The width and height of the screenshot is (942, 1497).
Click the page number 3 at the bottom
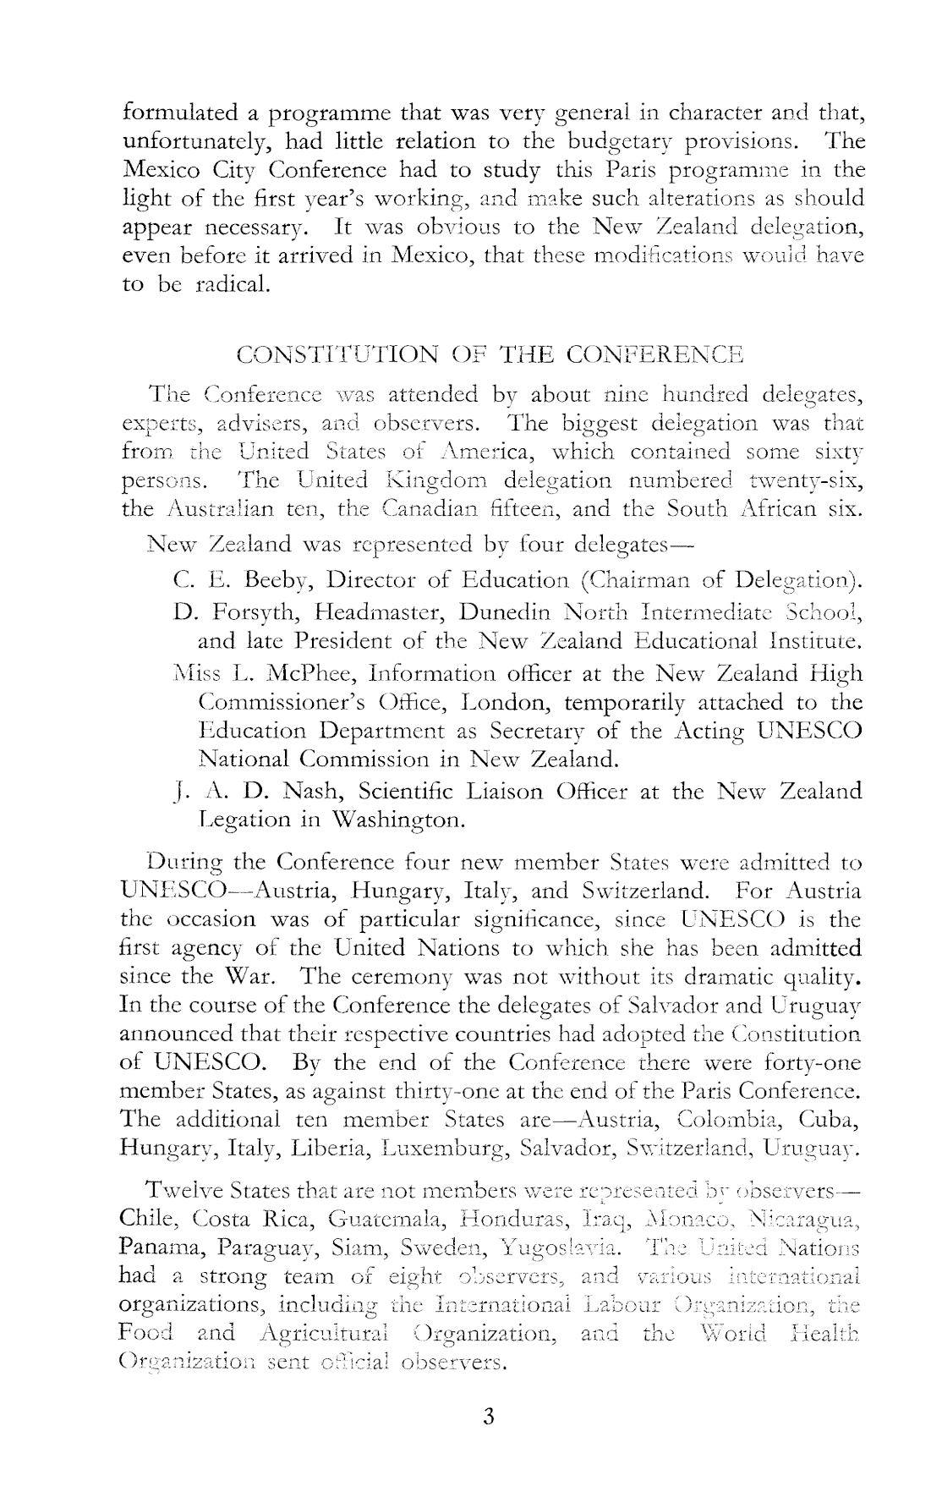point(488,1416)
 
